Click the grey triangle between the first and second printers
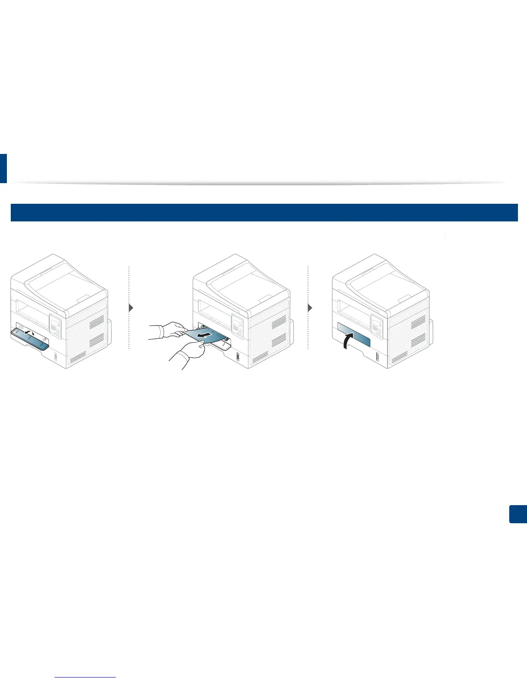click(x=131, y=308)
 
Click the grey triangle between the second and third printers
click(x=311, y=308)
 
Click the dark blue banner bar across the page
click(x=263, y=212)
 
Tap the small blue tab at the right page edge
click(x=518, y=514)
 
